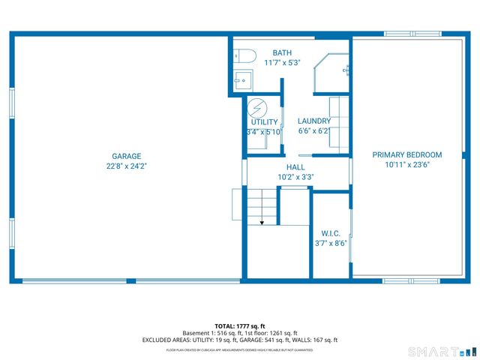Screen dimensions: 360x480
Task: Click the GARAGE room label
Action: (126, 156)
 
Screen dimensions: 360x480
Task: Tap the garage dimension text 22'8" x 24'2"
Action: (126, 166)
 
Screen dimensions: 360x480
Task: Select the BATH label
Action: (282, 52)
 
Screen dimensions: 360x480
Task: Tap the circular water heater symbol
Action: (257, 107)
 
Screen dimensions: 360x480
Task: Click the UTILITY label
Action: (264, 121)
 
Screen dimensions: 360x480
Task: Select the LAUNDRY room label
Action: (313, 121)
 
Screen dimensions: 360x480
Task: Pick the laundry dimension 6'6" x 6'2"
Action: (313, 131)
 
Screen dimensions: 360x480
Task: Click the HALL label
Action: (295, 167)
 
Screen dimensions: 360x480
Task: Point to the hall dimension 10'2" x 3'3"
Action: (295, 177)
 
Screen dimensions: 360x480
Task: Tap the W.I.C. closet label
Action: (331, 232)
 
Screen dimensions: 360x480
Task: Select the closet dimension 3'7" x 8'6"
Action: (331, 242)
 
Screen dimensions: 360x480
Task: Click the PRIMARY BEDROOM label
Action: (407, 154)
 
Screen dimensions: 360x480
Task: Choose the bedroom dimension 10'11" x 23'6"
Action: (407, 164)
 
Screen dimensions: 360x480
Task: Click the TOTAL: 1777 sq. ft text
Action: (239, 326)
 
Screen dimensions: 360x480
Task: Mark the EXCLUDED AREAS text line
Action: (239, 340)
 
